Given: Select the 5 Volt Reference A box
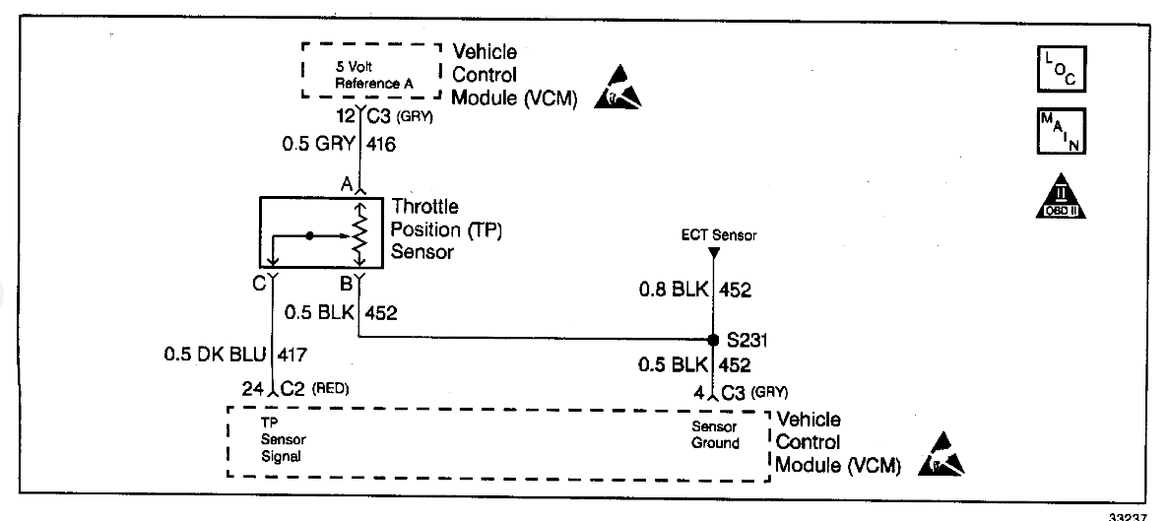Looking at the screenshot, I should coord(373,72).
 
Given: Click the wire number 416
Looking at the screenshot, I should coord(381,145).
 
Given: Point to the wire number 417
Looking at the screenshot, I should coord(295,353).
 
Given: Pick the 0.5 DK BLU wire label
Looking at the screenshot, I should coord(216,353).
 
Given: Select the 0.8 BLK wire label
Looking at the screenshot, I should coord(673,290).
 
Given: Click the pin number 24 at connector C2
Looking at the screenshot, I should coord(254,388).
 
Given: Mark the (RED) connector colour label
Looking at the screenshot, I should coord(331,388).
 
